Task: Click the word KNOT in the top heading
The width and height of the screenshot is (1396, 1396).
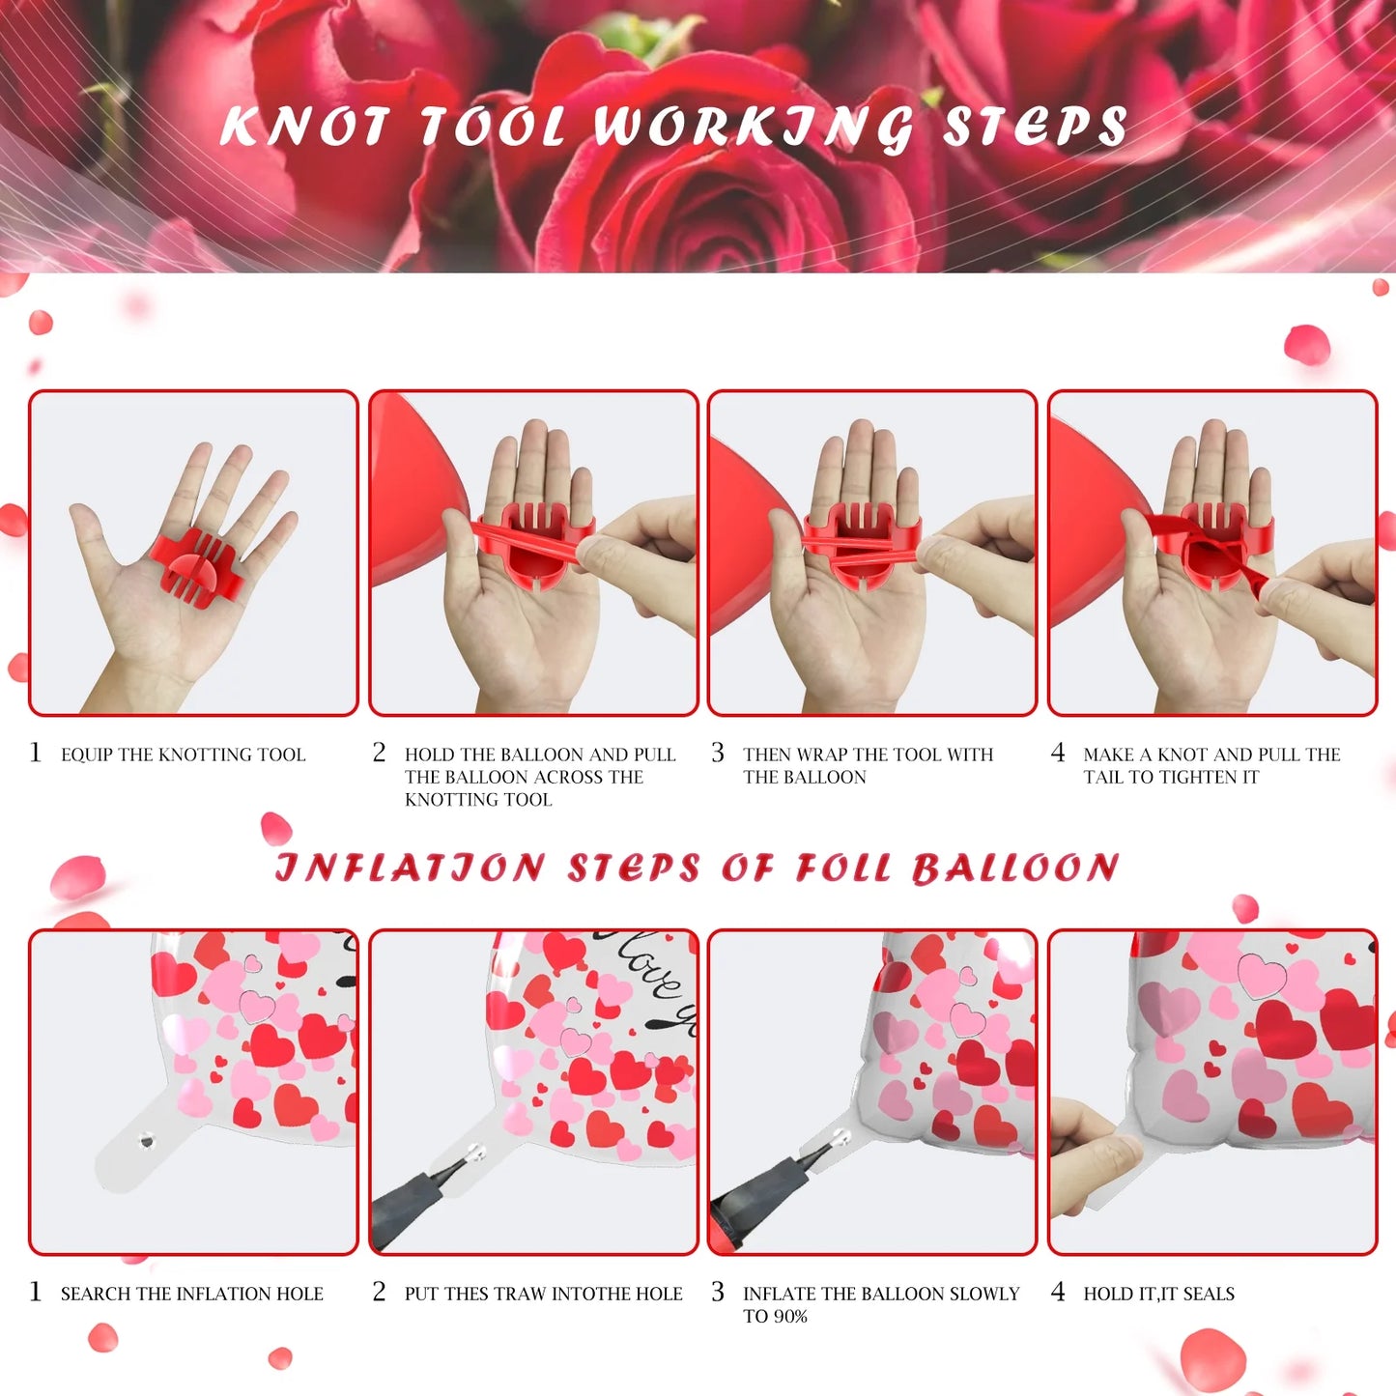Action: pos(304,127)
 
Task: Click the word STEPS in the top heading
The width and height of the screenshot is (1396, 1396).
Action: pos(1035,127)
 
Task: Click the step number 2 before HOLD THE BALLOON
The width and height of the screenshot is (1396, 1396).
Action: pos(379,753)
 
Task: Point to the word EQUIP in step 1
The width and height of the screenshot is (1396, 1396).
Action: pos(87,755)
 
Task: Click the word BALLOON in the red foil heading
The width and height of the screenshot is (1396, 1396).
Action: pos(1015,868)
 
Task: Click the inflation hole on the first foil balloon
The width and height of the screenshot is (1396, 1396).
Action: pos(146,1141)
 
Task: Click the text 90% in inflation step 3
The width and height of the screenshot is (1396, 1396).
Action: pos(789,1317)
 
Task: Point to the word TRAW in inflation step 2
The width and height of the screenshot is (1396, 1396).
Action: pos(520,1294)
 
